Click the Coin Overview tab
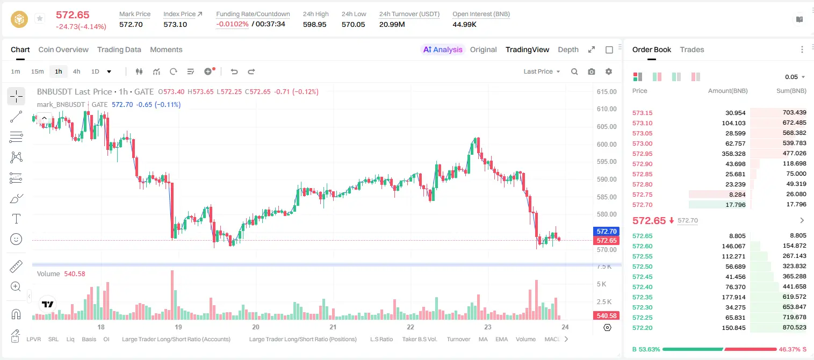click(63, 49)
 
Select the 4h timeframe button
click(76, 71)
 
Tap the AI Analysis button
click(443, 49)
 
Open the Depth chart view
click(568, 49)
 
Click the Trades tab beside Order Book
click(692, 49)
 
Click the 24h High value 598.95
click(315, 24)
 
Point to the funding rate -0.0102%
click(232, 24)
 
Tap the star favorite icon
click(40, 18)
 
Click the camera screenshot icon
click(592, 71)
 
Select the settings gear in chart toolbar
click(609, 71)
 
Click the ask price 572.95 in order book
click(642, 154)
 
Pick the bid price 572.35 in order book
click(642, 297)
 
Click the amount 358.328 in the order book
click(733, 154)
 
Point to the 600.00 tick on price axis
click(607, 144)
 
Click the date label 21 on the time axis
click(333, 327)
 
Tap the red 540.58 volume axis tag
click(607, 316)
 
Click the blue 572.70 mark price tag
click(607, 232)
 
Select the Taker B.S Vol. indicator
click(419, 339)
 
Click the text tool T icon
click(16, 219)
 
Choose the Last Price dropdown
click(542, 71)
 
